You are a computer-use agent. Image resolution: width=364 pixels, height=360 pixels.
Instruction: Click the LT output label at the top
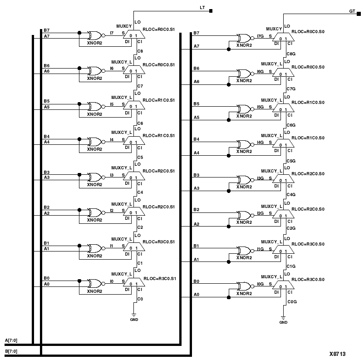(x=202, y=8)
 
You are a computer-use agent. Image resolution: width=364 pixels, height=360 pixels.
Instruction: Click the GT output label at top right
(x=352, y=10)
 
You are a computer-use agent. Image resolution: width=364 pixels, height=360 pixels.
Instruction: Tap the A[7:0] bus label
(x=11, y=340)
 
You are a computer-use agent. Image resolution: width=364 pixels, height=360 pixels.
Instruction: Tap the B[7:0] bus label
(x=11, y=351)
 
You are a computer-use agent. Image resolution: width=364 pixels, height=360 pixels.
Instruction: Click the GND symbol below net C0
(x=133, y=316)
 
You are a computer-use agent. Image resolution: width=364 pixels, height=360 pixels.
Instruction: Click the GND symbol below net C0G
(x=283, y=318)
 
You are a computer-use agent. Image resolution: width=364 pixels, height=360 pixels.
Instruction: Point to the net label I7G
(x=260, y=35)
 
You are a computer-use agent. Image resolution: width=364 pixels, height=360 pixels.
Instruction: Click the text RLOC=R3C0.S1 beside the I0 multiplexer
(x=159, y=278)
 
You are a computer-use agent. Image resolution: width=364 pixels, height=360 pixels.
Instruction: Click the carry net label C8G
(x=291, y=54)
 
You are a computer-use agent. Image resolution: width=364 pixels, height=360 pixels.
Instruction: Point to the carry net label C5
(x=140, y=158)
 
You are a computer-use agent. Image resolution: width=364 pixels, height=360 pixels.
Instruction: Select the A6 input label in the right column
(x=196, y=81)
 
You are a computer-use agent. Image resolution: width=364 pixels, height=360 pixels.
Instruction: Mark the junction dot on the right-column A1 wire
(x=228, y=262)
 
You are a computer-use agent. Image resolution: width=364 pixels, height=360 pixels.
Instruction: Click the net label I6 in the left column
(x=112, y=68)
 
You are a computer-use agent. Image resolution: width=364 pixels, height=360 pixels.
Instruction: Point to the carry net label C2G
(x=291, y=228)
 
